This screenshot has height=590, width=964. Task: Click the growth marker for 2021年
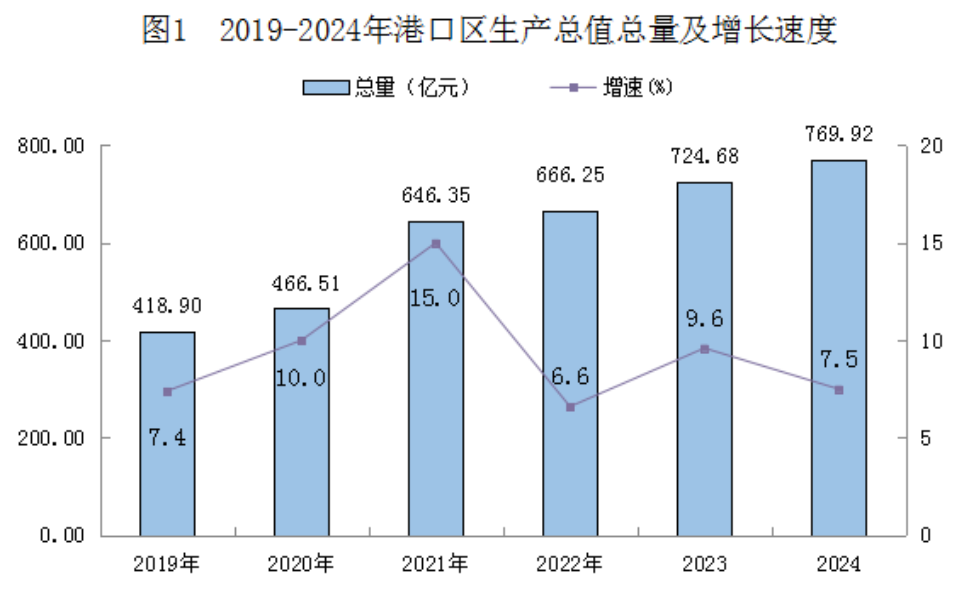click(436, 244)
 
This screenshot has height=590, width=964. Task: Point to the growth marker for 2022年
click(571, 407)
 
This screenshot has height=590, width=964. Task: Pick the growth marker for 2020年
click(301, 341)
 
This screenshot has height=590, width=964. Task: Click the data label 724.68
click(704, 156)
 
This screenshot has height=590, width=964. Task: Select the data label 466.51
click(305, 284)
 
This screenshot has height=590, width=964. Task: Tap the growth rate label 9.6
click(704, 319)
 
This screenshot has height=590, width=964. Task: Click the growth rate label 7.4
click(167, 438)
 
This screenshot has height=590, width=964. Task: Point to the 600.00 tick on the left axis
click(51, 243)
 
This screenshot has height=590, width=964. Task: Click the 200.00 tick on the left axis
click(51, 438)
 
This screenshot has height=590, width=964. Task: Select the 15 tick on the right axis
click(931, 243)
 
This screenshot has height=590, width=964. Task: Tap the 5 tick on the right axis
click(925, 438)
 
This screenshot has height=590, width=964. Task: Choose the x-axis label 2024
click(838, 564)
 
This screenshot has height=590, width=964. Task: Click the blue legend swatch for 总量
click(326, 88)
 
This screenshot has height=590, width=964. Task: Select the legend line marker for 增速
click(574, 88)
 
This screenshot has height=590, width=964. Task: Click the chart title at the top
click(489, 29)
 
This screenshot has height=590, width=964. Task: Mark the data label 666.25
click(570, 175)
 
